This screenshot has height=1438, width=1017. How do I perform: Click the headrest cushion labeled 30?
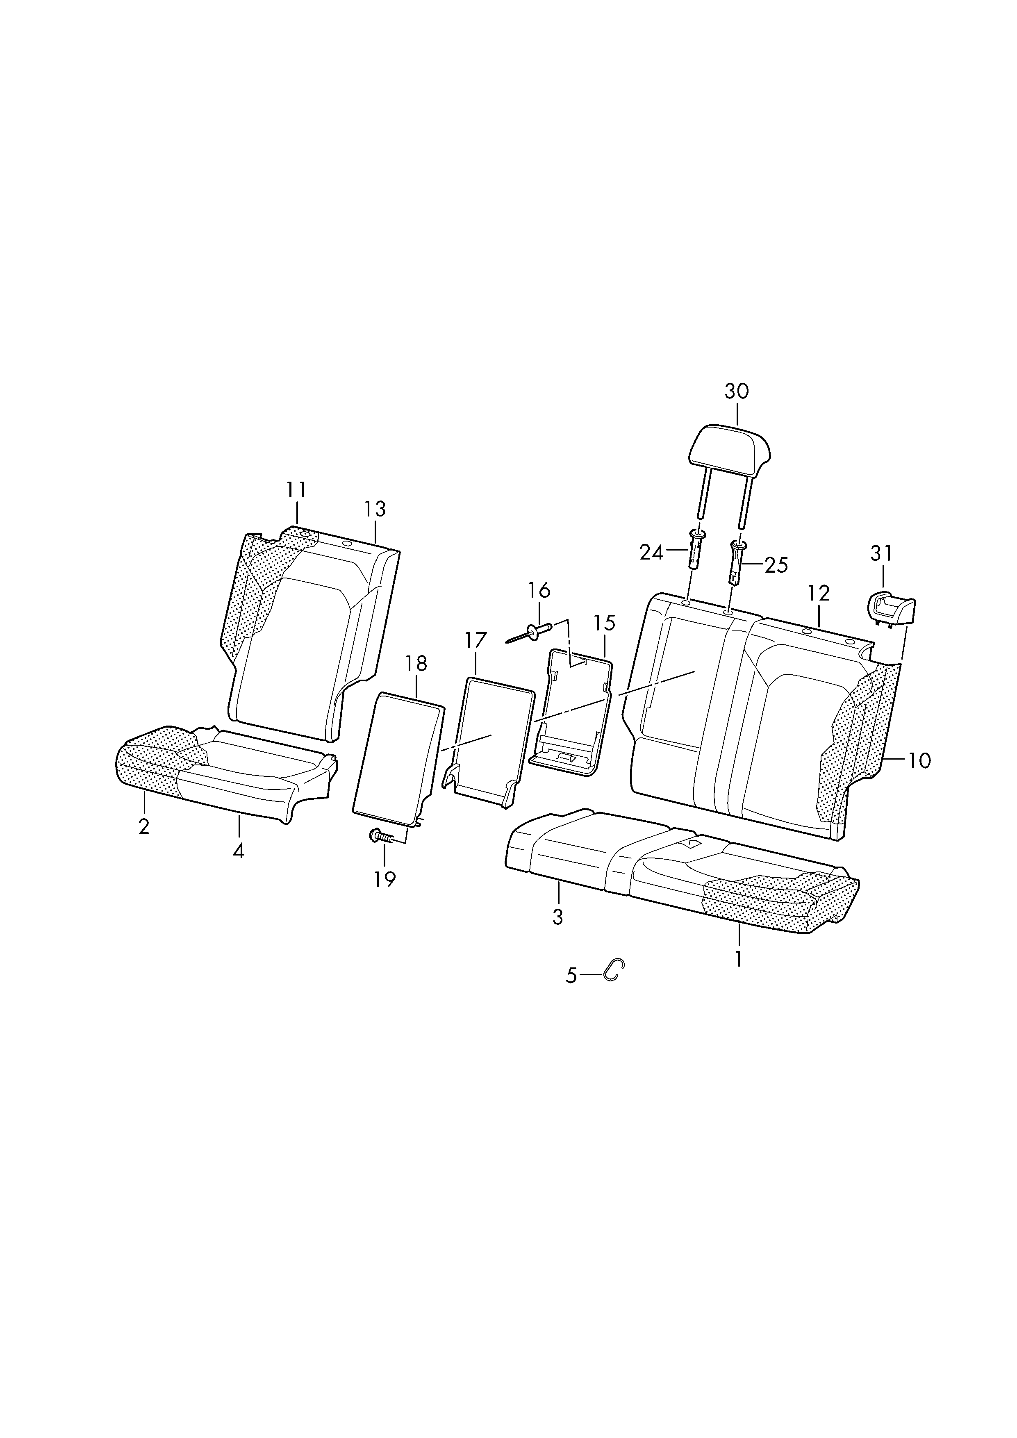(730, 446)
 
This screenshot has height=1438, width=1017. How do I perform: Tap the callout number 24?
(651, 553)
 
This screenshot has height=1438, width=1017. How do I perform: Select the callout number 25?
(776, 566)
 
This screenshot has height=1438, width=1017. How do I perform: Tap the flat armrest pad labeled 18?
(399, 758)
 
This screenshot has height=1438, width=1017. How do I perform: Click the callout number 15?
(604, 623)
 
